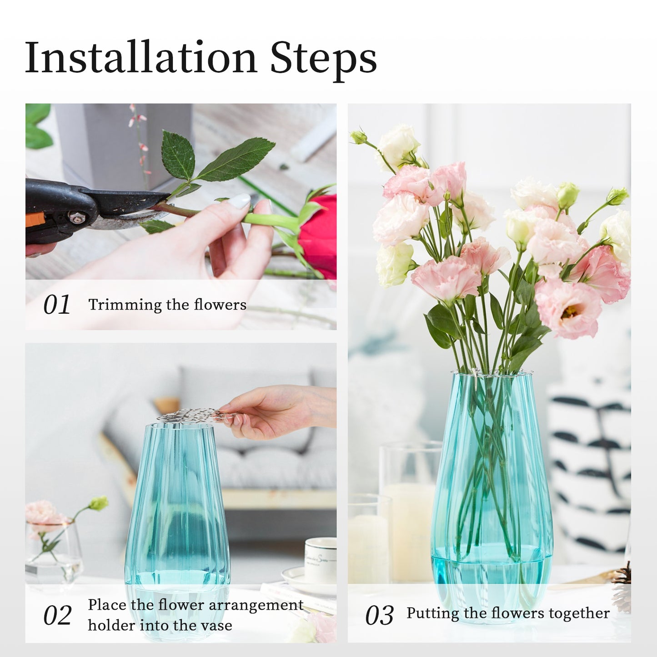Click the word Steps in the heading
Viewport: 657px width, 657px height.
[324, 60]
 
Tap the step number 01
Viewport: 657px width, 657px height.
[56, 305]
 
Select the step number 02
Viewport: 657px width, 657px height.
[57, 616]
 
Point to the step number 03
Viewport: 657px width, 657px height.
[380, 616]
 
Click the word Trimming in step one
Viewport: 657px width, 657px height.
[125, 305]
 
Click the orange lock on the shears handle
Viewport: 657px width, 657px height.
[35, 221]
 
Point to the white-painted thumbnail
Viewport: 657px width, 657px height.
[241, 201]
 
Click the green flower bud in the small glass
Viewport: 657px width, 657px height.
[99, 503]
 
